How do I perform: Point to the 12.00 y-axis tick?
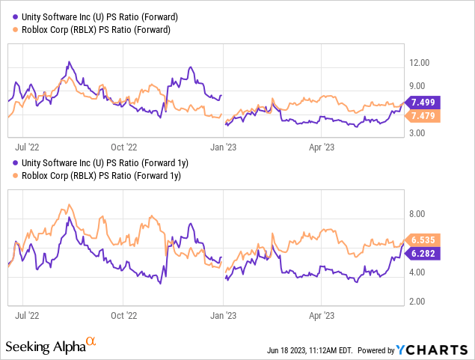pos(417,63)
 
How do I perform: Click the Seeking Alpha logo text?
pos(44,347)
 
